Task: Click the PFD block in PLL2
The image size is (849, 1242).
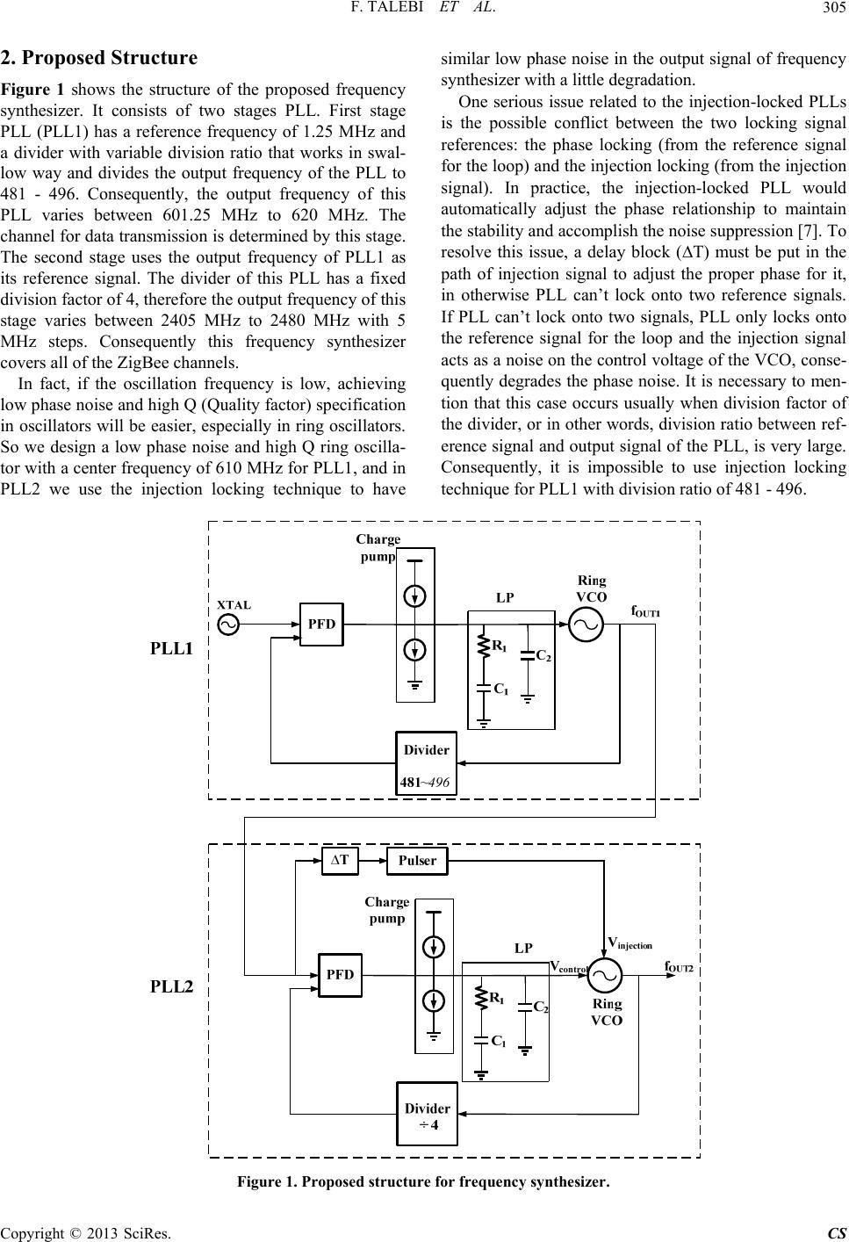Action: pos(340,975)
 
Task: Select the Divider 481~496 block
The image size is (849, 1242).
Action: pos(427,763)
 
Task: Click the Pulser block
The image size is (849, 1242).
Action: pos(417,861)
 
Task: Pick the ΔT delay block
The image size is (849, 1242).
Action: pos(340,861)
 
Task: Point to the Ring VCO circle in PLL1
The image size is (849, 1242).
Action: pos(587,625)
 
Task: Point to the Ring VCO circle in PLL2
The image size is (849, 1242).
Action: pos(604,973)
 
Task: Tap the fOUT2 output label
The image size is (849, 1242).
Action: pos(679,967)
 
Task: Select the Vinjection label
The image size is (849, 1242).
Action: pos(630,942)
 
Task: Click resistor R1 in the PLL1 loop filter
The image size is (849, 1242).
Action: pos(482,647)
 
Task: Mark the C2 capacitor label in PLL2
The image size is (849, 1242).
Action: pos(542,1007)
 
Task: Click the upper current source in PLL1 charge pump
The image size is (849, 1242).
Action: pos(415,596)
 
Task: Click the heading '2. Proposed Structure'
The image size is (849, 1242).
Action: pos(98,59)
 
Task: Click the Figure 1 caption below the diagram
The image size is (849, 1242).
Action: pos(423,1181)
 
